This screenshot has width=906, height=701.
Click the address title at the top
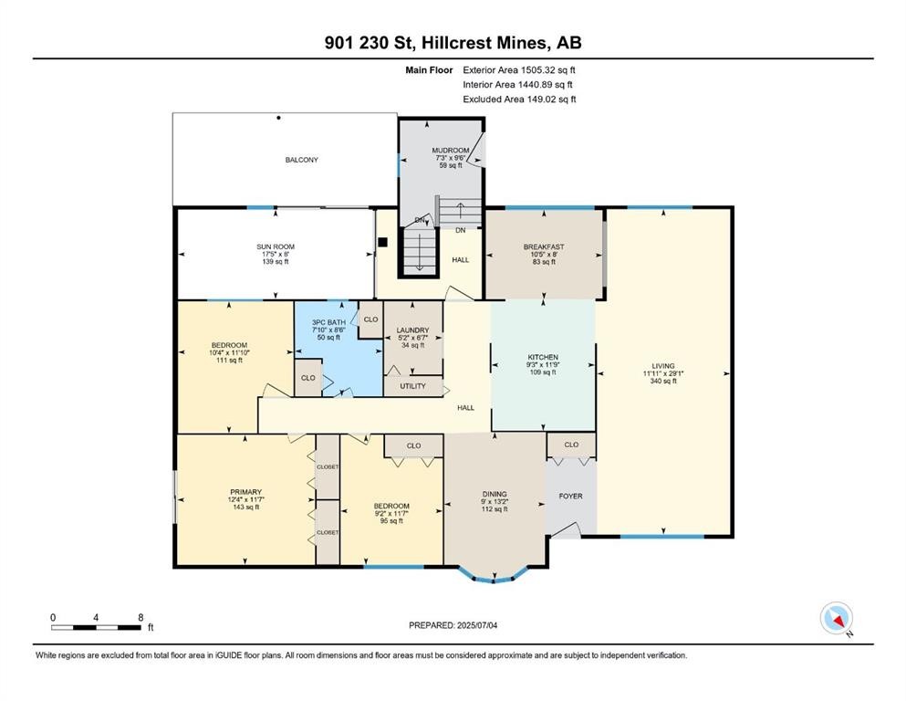pos(453,42)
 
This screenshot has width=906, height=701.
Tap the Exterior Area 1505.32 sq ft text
pos(519,69)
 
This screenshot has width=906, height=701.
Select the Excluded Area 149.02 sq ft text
pos(519,99)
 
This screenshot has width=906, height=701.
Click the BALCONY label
pos(301,160)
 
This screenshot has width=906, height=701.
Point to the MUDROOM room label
pos(450,151)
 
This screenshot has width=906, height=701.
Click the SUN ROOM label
pos(275,246)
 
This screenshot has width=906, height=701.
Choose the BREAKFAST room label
pos(543,246)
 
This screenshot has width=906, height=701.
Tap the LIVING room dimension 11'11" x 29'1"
pos(662,373)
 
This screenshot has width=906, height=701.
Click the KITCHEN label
pos(543,357)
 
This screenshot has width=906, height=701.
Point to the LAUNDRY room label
pos(413,330)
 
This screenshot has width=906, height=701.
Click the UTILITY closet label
pos(412,386)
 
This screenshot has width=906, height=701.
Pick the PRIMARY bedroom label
pos(245,491)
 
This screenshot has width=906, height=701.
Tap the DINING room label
pos(495,494)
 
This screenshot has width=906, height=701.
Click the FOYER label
pos(570,496)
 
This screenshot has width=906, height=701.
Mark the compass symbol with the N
pos(836,619)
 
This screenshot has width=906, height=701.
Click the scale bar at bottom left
pos(96,627)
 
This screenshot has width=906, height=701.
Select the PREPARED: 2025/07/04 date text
pos(453,625)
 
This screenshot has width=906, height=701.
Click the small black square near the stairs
pos(383,243)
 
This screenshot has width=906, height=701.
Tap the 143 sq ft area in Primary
pos(245,507)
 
